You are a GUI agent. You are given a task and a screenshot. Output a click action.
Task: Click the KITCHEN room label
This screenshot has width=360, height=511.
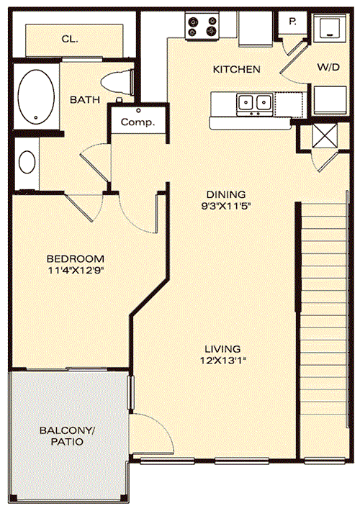click(236, 69)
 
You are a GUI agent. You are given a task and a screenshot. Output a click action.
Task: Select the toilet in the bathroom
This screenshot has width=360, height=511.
click(118, 83)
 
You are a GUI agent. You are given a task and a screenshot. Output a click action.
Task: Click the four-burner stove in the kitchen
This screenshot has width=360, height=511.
click(202, 26)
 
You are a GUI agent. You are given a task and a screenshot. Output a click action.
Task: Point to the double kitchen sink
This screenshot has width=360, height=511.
click(255, 104)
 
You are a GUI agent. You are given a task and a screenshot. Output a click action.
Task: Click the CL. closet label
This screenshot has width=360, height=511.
click(70, 39)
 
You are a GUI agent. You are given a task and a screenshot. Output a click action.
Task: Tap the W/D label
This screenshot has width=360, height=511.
click(328, 67)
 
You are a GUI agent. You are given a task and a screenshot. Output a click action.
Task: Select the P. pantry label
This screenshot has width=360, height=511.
click(292, 22)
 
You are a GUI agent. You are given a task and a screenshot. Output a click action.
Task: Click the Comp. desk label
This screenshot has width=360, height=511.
click(138, 122)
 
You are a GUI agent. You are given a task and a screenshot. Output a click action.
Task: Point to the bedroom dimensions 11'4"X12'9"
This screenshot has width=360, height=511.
click(76, 270)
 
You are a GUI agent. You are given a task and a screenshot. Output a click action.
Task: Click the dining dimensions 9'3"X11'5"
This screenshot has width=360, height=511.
click(225, 206)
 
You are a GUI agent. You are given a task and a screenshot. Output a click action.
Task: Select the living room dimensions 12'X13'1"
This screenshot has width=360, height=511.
click(222, 361)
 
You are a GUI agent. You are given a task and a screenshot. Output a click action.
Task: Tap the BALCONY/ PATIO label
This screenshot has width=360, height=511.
click(67, 436)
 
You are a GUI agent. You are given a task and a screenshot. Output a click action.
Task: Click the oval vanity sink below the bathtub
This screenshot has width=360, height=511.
click(27, 162)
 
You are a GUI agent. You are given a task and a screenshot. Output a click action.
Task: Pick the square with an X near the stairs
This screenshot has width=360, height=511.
click(324, 136)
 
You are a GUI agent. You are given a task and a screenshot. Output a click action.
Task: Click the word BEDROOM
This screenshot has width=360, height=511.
click(76, 259)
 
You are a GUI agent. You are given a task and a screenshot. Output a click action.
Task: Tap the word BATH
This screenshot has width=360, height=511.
click(85, 99)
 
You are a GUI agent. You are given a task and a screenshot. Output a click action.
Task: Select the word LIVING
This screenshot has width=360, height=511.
click(222, 349)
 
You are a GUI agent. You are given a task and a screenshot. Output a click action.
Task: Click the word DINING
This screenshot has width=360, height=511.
click(226, 194)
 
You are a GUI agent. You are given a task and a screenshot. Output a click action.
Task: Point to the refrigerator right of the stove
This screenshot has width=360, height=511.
click(256, 29)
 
